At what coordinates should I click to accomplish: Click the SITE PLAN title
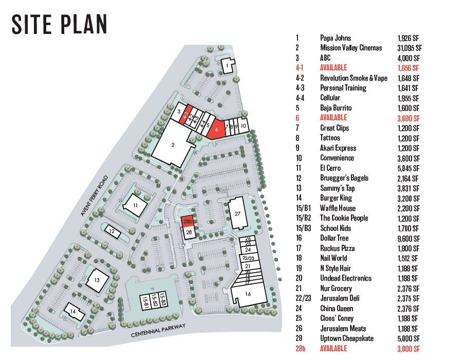pyautogui.click(x=60, y=24)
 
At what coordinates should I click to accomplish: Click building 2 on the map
pyautogui.click(x=173, y=145)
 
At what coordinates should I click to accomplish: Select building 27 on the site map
pyautogui.click(x=237, y=213)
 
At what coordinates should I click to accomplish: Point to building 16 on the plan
pyautogui.click(x=248, y=295)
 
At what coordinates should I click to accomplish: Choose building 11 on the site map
pyautogui.click(x=135, y=205)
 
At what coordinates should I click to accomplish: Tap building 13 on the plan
pyautogui.click(x=97, y=280)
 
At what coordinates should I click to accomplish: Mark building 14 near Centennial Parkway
pyautogui.click(x=73, y=312)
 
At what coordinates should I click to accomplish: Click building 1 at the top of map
pyautogui.click(x=227, y=65)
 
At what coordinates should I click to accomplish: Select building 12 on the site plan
pyautogui.click(x=112, y=231)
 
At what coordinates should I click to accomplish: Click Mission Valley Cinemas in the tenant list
pyautogui.click(x=351, y=48)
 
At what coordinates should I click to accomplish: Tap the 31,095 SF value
pyautogui.click(x=410, y=48)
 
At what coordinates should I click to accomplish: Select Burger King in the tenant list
pyautogui.click(x=337, y=198)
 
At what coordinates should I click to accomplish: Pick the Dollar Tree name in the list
pyautogui.click(x=334, y=238)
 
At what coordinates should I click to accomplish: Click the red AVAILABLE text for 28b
pyautogui.click(x=333, y=349)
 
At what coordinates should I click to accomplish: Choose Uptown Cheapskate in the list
pyautogui.click(x=347, y=338)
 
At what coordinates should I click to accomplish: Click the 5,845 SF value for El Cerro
pyautogui.click(x=408, y=168)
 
